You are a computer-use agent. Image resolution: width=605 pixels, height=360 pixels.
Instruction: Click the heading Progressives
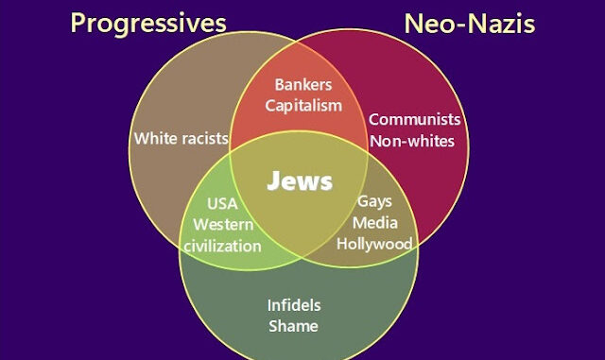148,24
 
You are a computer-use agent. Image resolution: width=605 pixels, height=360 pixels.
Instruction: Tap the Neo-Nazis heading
470,24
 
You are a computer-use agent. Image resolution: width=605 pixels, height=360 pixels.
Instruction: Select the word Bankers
303,85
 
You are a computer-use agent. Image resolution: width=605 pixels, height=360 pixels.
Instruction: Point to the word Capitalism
303,106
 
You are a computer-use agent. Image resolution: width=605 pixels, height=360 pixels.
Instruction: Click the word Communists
415,120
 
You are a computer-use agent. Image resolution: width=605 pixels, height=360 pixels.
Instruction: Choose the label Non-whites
412,141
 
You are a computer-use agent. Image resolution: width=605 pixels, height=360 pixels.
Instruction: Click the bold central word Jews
300,181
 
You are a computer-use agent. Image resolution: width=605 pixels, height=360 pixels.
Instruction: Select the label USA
223,204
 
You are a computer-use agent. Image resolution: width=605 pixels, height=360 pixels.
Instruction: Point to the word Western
223,225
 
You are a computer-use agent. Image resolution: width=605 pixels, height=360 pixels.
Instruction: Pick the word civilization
223,247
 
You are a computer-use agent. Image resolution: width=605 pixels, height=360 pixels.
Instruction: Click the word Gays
374,202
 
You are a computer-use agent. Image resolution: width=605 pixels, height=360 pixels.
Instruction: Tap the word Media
375,223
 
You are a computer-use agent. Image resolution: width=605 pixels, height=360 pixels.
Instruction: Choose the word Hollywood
374,244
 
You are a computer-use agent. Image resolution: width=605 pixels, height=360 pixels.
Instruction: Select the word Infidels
294,305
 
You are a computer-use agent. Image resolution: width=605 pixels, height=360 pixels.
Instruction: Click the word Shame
294,326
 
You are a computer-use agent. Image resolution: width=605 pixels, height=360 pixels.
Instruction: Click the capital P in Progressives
78,23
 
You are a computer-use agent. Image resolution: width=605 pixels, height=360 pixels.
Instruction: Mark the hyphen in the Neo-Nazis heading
462,26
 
